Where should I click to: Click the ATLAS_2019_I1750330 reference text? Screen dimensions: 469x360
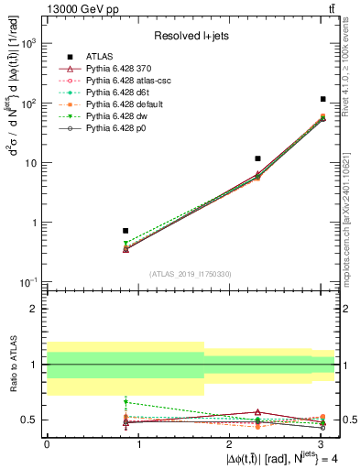tap(191, 274)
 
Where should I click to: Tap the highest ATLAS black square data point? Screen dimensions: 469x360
tap(323, 99)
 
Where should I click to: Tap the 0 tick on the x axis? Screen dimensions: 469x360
tap(47, 443)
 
